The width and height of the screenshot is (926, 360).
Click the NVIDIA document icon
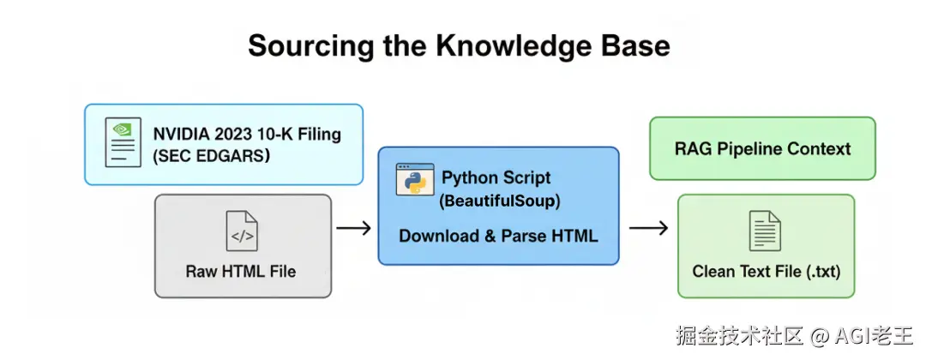(x=123, y=142)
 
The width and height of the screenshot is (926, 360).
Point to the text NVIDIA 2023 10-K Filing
(x=247, y=134)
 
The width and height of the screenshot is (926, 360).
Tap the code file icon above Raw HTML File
(x=242, y=231)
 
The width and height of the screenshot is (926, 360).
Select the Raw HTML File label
(x=241, y=272)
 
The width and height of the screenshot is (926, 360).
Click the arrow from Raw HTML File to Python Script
(x=353, y=228)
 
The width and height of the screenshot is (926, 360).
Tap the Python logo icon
(x=413, y=179)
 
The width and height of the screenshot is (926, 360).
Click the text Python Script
(x=496, y=178)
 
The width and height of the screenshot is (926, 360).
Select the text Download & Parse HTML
(x=498, y=236)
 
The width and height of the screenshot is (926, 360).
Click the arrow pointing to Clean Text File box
(x=649, y=228)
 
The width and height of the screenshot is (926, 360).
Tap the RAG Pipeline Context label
(x=762, y=148)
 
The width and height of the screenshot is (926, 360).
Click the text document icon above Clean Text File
(x=766, y=230)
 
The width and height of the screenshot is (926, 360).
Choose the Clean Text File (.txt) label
(x=767, y=272)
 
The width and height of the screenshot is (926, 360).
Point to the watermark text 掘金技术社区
(x=738, y=335)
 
